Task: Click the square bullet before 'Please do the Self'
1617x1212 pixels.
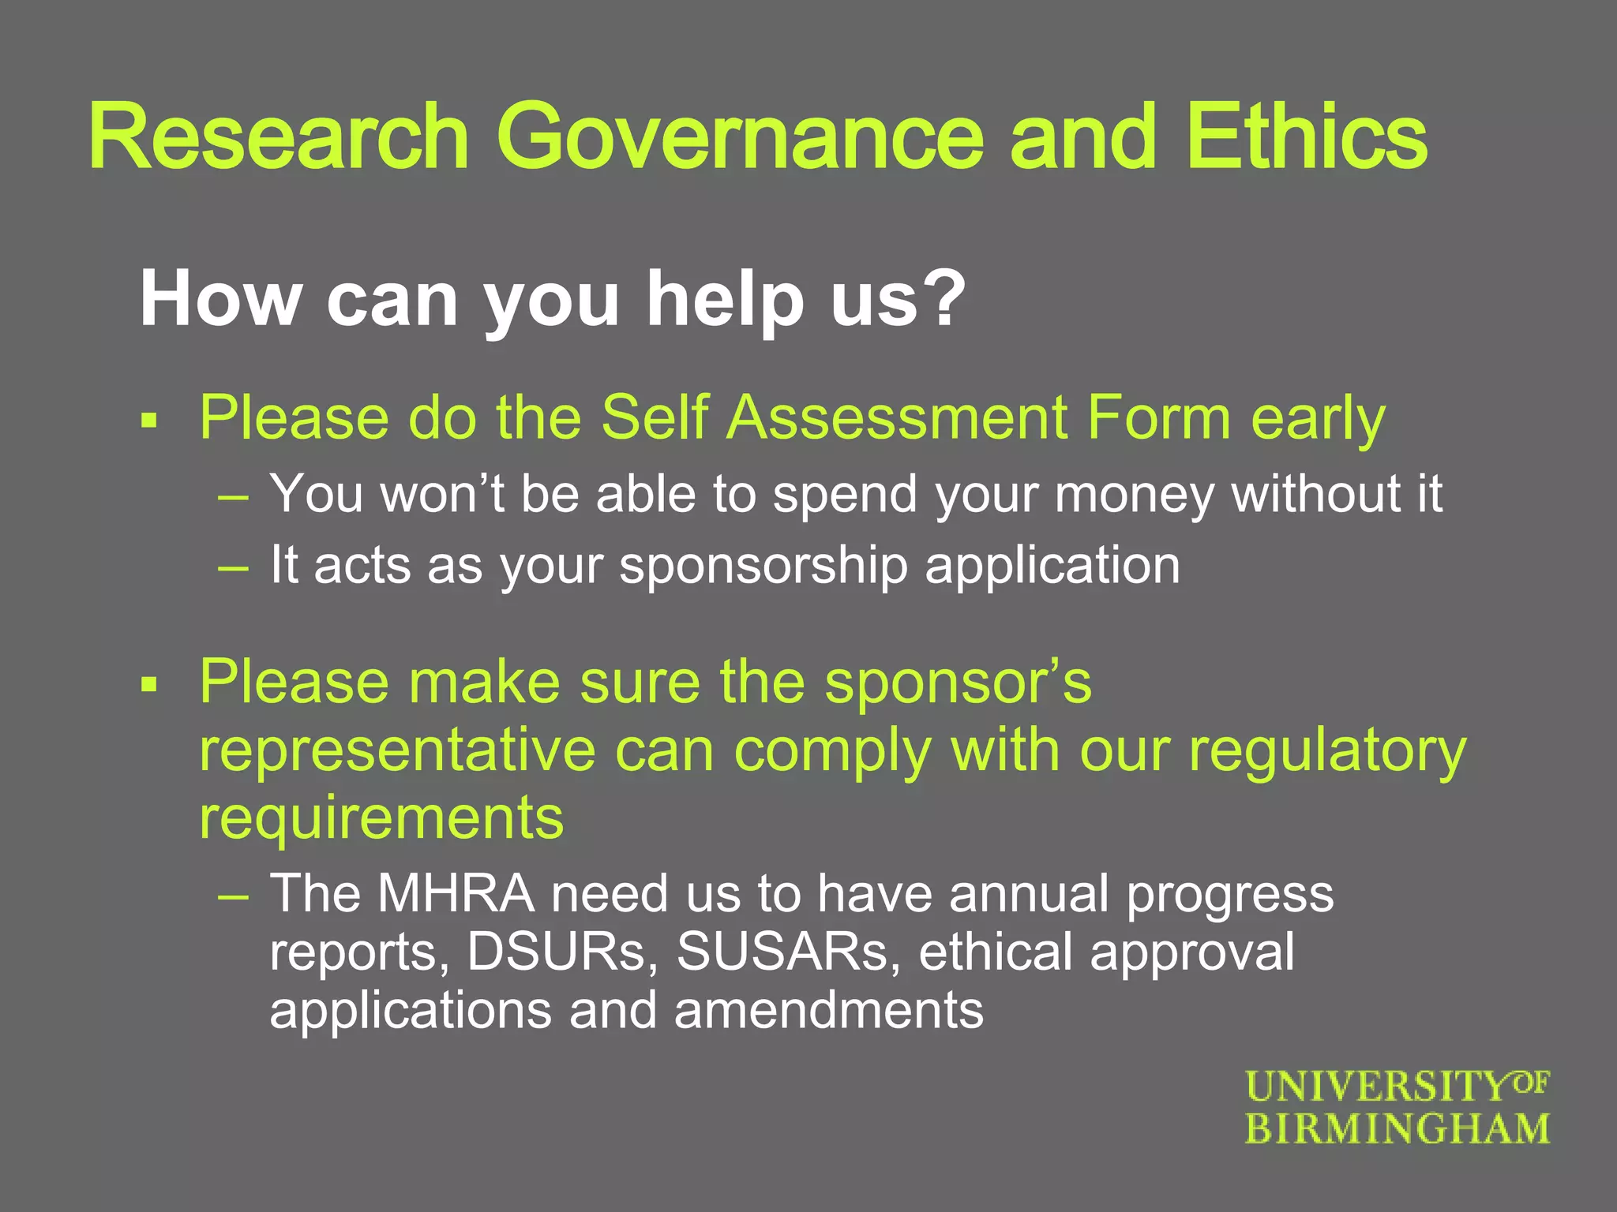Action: tap(149, 421)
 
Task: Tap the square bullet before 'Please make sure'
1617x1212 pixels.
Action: tap(149, 685)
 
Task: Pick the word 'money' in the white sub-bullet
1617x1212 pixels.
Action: tap(1134, 496)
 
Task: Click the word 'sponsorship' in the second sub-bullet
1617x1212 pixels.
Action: tap(763, 567)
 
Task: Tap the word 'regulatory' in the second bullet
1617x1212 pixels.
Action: tap(1327, 751)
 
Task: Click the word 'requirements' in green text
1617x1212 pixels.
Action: tap(381, 819)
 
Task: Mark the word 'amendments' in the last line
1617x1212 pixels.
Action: tap(828, 1010)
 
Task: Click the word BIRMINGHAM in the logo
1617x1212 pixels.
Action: tap(1398, 1129)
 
